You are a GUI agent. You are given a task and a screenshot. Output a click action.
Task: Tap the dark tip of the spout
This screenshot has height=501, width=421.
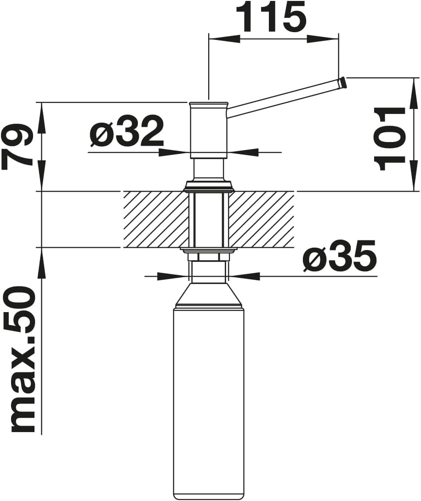tap(343, 82)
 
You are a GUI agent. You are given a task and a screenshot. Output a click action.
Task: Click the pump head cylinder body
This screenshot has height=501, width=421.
tap(209, 131)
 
